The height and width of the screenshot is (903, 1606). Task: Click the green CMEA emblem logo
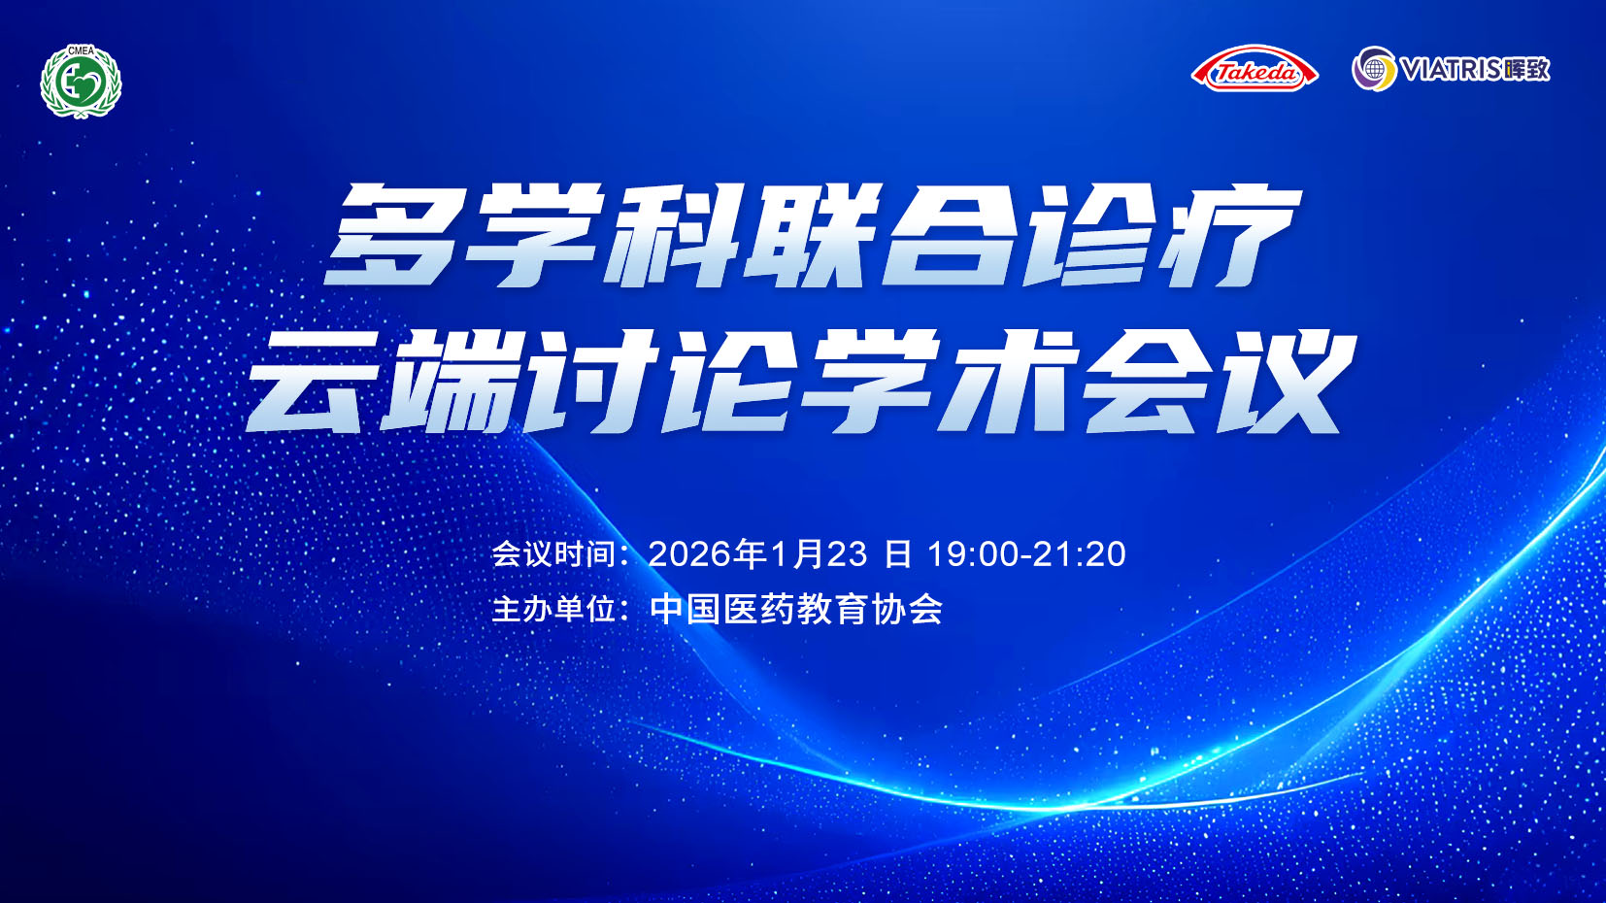pos(81,81)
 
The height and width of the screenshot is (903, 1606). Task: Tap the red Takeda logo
pos(1254,69)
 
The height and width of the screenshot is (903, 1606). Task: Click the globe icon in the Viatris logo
pos(1374,69)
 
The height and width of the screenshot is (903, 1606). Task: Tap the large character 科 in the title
pos(672,234)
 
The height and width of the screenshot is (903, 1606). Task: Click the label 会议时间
pos(553,553)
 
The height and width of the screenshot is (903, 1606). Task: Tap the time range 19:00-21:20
pos(1026,554)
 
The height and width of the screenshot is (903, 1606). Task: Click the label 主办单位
pos(553,609)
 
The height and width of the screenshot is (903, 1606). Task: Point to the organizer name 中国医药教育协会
pos(796,609)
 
